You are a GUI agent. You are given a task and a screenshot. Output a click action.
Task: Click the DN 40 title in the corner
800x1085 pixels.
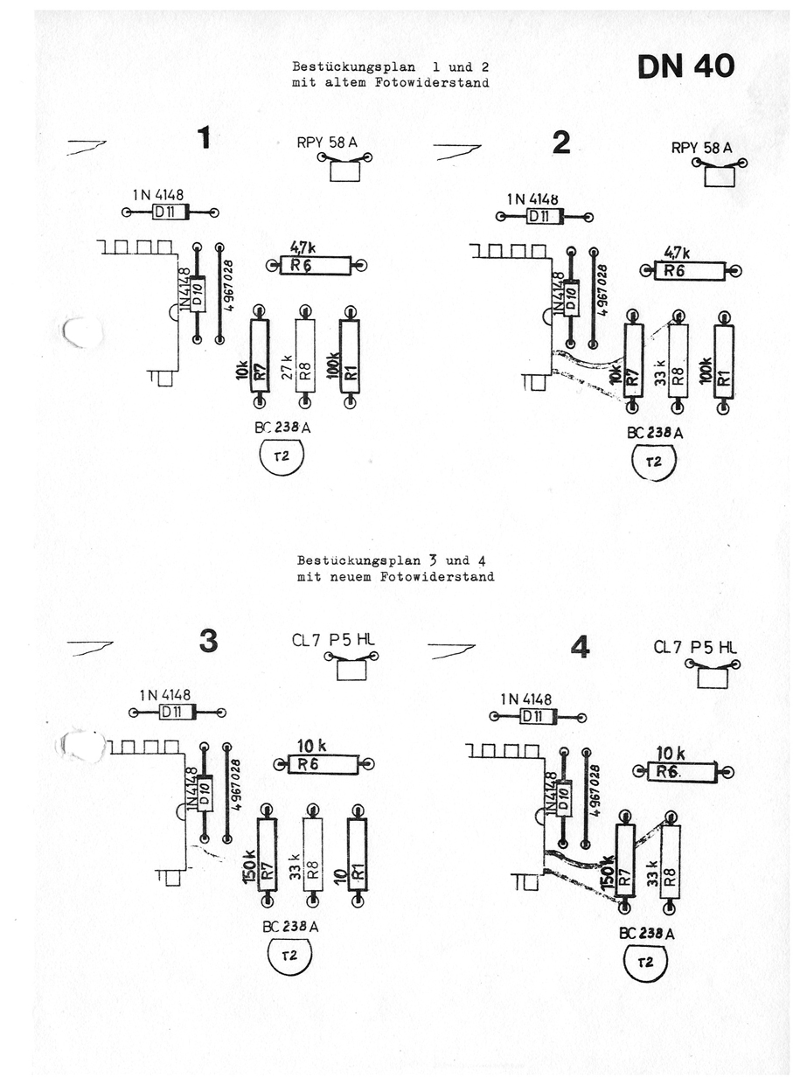(685, 66)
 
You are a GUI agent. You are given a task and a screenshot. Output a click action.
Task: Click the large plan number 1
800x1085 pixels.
(204, 138)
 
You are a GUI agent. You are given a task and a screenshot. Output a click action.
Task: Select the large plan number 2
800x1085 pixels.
(561, 143)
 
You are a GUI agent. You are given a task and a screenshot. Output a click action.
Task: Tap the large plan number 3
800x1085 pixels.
(208, 642)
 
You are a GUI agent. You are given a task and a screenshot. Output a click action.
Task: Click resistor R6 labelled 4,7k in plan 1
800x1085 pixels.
(315, 266)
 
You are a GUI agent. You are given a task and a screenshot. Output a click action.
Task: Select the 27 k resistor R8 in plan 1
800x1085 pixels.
(304, 358)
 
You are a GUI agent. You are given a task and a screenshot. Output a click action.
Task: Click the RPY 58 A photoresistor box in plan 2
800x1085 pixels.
(720, 177)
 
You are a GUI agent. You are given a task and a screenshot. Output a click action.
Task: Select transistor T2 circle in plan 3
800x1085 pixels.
(290, 956)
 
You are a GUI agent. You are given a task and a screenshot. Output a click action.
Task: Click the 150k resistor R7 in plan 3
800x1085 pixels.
(267, 856)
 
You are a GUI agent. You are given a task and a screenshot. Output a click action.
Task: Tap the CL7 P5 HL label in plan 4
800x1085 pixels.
(695, 647)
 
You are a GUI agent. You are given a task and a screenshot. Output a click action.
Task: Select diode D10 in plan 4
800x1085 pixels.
(564, 796)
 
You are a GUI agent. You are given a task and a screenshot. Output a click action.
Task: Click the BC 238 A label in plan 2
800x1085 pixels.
(655, 433)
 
